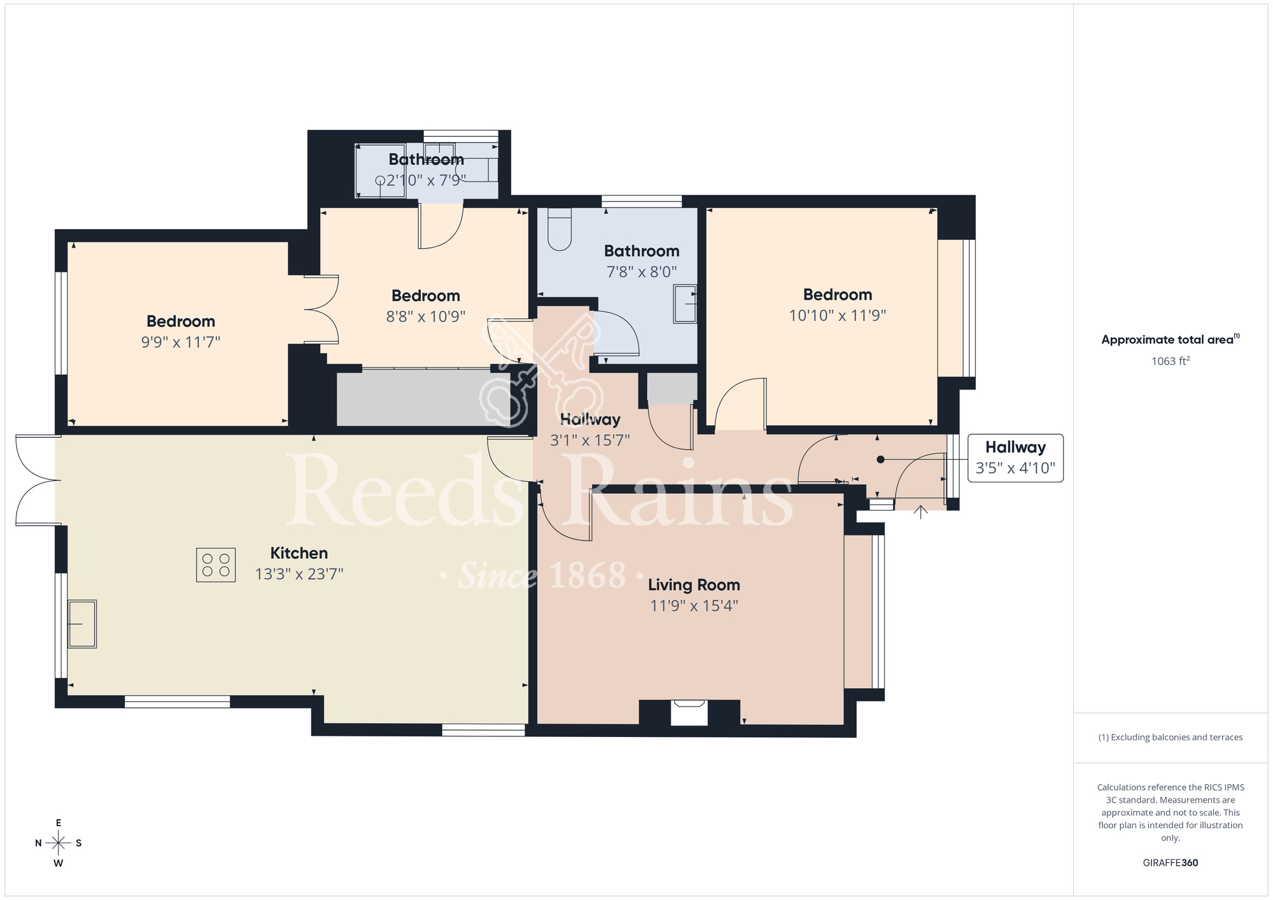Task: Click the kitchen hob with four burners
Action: point(216,565)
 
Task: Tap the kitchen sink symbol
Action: point(82,624)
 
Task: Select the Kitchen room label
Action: point(299,553)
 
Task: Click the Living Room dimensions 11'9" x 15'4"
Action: point(694,605)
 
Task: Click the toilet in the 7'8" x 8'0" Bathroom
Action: point(559,229)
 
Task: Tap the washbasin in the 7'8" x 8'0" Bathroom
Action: point(686,304)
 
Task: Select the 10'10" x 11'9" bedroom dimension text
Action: point(838,315)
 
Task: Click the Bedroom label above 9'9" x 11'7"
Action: point(181,321)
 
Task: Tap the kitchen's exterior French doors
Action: point(37,480)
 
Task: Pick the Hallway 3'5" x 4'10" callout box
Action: point(1015,458)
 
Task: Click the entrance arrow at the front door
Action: point(921,512)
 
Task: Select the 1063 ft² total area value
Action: point(1170,361)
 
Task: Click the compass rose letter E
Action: point(59,823)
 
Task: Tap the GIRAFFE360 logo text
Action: point(1170,863)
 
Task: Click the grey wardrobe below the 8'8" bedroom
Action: point(423,398)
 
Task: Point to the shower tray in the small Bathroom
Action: point(380,171)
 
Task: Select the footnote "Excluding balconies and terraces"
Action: point(1170,737)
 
